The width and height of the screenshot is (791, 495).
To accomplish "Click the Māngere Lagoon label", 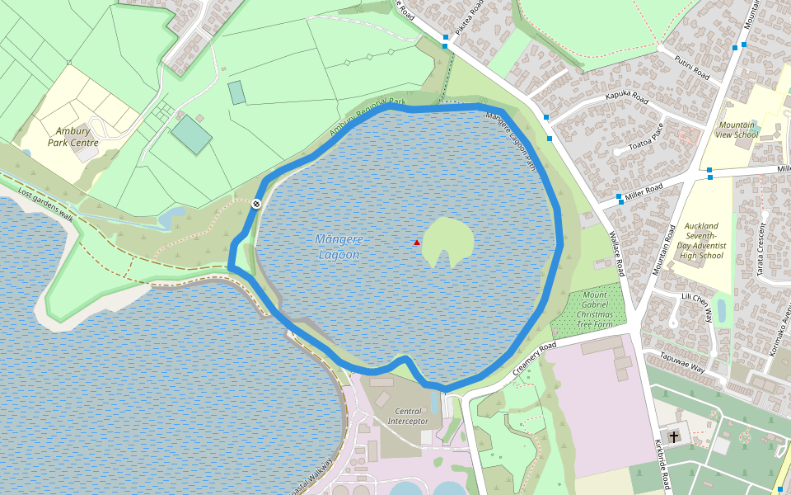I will [338, 247].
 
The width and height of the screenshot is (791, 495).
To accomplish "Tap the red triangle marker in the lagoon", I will [417, 243].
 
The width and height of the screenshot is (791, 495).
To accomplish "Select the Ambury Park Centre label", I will [73, 137].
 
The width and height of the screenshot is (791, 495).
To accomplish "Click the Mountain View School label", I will [737, 130].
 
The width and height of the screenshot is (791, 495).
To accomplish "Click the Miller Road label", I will [644, 190].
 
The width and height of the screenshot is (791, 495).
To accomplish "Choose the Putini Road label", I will [692, 69].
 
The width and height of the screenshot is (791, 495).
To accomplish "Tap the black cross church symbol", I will [674, 436].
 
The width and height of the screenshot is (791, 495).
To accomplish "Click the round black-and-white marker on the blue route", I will [257, 203].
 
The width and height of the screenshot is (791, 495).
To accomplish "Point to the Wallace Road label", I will [616, 255].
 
